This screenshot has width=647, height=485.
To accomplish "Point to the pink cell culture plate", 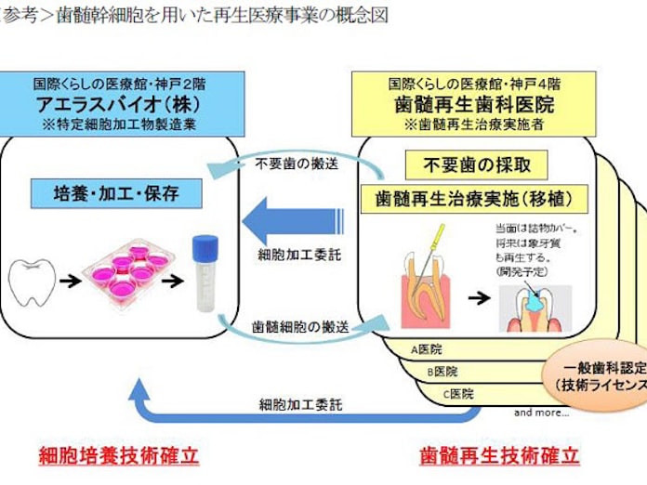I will coord(129,270).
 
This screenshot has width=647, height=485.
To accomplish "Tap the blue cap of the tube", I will coord(205,247).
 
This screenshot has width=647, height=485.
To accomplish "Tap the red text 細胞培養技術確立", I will coord(118,456).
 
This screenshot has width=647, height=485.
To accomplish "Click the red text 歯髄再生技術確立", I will coord(499,456).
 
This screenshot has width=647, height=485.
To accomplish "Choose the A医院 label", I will coord(426,349).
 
